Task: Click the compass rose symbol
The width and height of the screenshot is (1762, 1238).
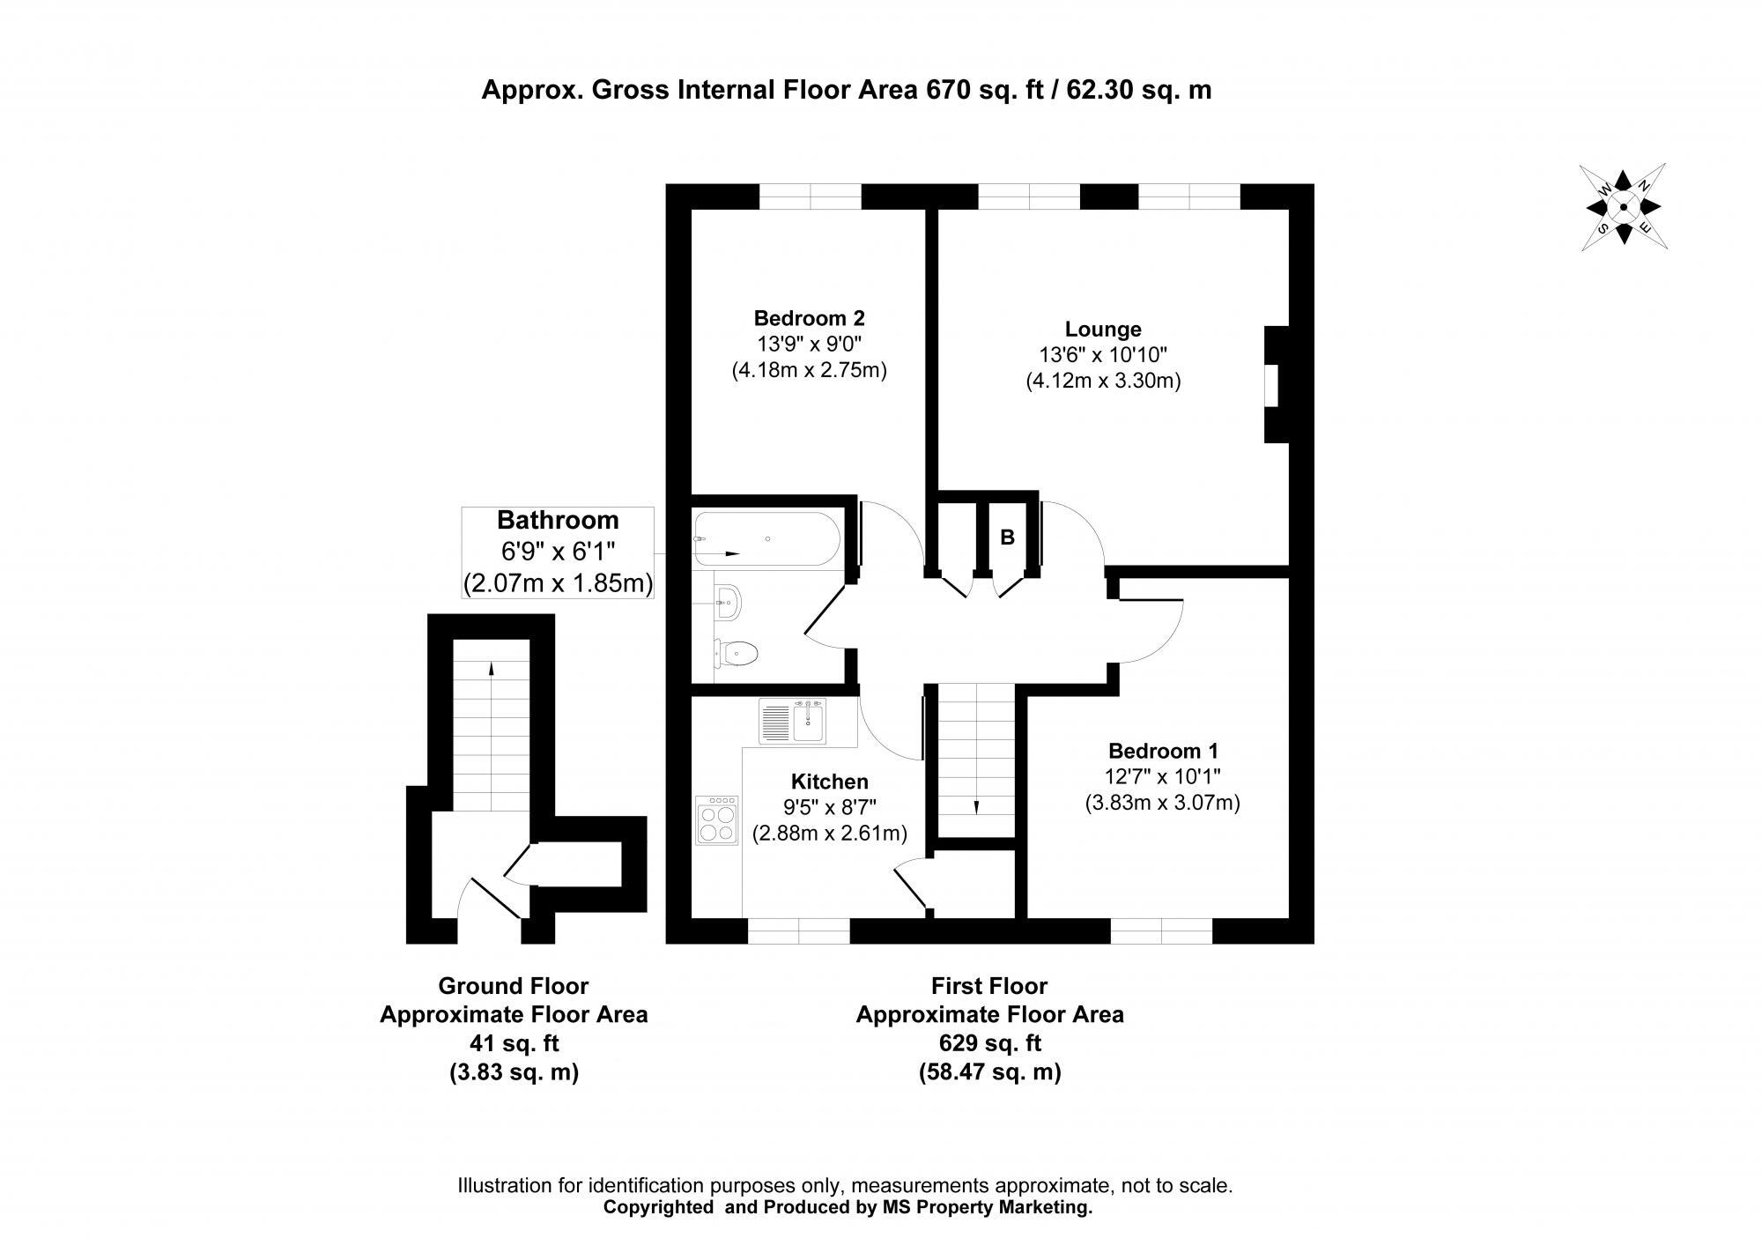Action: [1623, 207]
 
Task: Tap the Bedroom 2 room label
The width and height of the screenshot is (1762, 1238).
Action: [809, 318]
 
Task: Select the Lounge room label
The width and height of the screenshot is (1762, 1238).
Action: [1103, 330]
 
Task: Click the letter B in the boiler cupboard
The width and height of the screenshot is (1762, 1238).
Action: [1008, 537]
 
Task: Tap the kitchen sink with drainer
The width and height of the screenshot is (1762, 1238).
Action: [793, 723]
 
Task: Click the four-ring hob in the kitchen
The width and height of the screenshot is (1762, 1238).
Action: [716, 820]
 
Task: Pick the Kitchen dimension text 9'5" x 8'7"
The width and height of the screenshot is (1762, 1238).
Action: [829, 807]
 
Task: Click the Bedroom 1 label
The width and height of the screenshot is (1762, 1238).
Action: [1163, 752]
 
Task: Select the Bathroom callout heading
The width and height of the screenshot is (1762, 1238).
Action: [558, 520]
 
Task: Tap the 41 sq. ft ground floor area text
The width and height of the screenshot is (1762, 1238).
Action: [514, 1043]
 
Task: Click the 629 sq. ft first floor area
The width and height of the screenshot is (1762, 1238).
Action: [989, 1043]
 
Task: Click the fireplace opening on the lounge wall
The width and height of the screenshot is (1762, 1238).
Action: [1271, 385]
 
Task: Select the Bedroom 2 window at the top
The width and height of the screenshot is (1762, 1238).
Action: [810, 196]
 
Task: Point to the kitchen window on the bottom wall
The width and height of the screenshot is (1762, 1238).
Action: [799, 930]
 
